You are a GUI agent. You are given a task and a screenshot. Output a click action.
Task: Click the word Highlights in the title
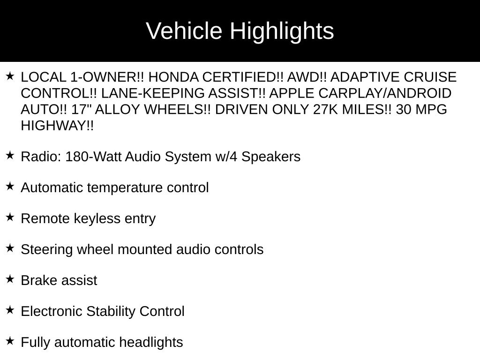(x=282, y=31)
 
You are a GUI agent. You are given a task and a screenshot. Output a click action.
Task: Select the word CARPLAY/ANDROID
(x=385, y=93)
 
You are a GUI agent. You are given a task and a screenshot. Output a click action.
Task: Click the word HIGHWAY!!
(x=57, y=126)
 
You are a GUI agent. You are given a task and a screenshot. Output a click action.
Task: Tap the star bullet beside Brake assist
(x=10, y=279)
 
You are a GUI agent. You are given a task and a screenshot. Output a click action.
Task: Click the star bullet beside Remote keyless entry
(x=10, y=217)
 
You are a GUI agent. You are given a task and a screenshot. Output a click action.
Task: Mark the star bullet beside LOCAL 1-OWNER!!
(x=10, y=76)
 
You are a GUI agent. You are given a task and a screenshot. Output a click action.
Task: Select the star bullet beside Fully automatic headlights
(x=10, y=341)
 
